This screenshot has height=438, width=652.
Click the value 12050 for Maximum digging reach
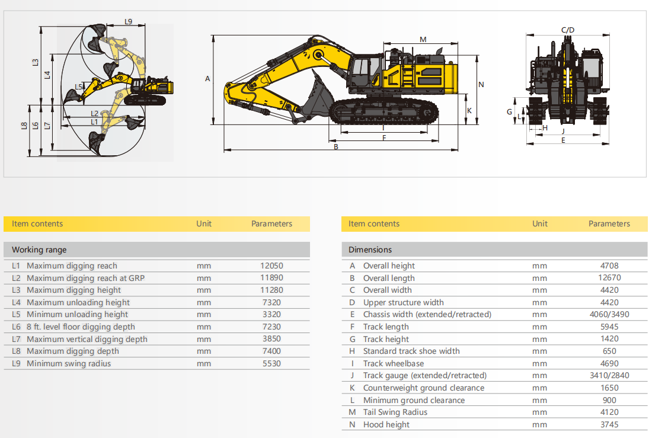271,266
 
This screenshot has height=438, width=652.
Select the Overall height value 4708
609,266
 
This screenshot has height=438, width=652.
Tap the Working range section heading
39,250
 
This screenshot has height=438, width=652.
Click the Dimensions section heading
370,250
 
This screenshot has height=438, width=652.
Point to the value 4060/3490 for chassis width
609,315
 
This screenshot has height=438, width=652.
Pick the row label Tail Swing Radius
395,412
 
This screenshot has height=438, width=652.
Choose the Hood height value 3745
609,425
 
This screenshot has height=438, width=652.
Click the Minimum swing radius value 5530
271,363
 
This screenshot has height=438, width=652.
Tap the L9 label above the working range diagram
128,21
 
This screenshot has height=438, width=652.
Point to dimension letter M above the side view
423,40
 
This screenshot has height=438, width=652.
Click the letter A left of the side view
207,79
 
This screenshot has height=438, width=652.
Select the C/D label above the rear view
568,30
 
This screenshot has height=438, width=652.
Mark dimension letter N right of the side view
481,84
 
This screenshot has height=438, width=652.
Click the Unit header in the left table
204,224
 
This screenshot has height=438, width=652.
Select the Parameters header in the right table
609,224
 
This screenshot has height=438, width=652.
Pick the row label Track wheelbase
394,363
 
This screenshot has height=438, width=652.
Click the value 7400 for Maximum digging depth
271,351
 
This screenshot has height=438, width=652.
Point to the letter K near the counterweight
469,111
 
